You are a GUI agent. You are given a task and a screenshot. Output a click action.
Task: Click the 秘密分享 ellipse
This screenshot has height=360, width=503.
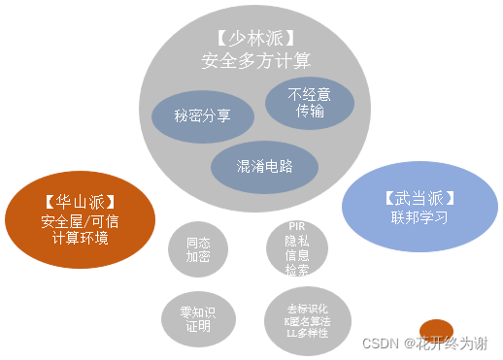click(x=202, y=115)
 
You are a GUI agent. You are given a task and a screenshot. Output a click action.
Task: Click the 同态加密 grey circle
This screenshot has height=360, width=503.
click(x=198, y=249)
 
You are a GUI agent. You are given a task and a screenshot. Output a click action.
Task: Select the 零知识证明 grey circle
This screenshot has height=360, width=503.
click(x=198, y=320)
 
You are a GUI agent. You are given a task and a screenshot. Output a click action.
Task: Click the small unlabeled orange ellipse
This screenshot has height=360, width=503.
click(x=436, y=329)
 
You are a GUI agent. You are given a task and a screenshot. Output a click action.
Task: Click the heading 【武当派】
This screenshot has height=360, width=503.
click(x=419, y=198)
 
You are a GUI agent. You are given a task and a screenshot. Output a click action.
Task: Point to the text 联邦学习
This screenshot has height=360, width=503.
click(x=419, y=218)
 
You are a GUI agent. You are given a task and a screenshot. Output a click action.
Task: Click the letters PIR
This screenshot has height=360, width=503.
click(x=297, y=226)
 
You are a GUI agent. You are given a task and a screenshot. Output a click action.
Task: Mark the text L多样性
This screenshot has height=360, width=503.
click(x=306, y=333)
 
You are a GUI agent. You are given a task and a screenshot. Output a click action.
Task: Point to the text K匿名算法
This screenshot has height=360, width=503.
click(x=306, y=320)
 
